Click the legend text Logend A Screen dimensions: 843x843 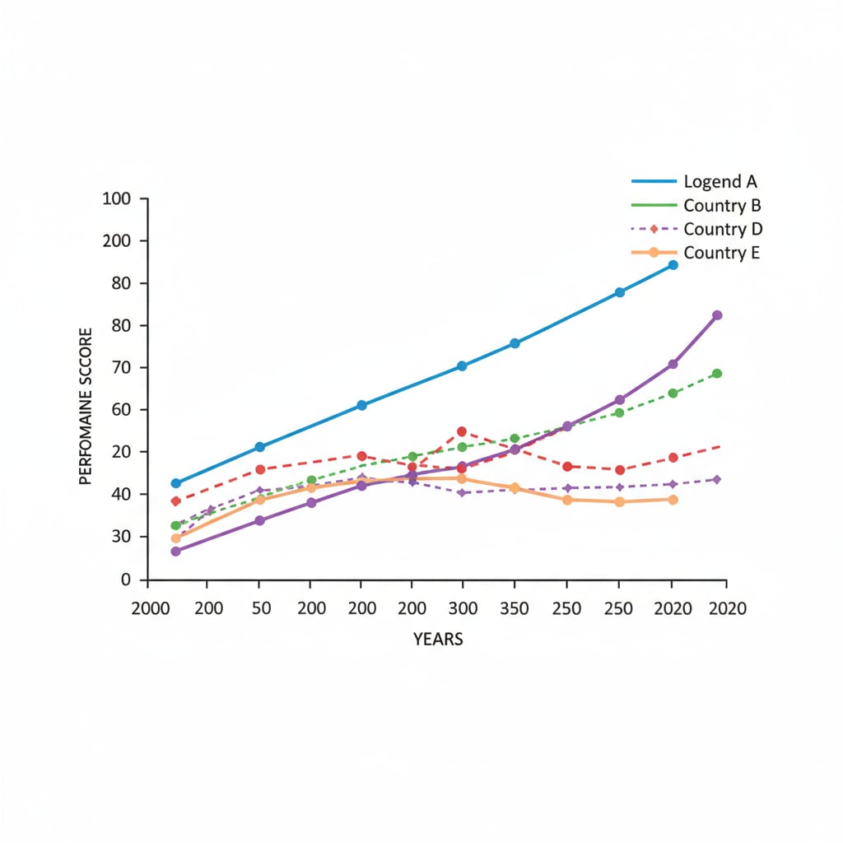[720, 182]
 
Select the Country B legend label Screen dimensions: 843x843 [722, 205]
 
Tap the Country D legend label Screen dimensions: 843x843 [722, 228]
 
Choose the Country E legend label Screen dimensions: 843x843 [721, 252]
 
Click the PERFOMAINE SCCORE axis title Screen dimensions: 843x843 [86, 404]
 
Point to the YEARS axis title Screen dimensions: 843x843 [438, 639]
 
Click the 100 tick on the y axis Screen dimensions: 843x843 [117, 198]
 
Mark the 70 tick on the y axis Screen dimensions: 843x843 [122, 367]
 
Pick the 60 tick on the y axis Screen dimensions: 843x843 [122, 409]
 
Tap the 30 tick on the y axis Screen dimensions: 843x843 [122, 537]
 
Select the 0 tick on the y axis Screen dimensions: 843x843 [127, 580]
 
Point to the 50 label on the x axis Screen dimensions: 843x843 [259, 608]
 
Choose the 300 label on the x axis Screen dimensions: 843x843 [463, 608]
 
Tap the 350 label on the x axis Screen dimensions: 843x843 [515, 608]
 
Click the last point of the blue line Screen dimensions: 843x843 [673, 265]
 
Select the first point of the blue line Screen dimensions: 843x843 [175, 483]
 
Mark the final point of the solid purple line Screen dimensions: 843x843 [717, 315]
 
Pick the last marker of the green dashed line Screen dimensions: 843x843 [717, 374]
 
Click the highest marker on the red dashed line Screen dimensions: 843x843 [462, 431]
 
